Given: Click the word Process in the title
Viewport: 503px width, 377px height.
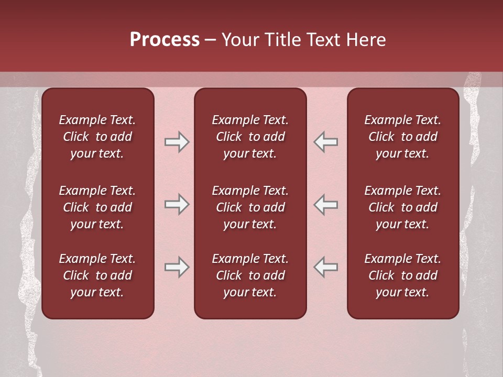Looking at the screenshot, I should click(165, 40).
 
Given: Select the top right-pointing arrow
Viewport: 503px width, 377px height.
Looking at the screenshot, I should click(177, 142).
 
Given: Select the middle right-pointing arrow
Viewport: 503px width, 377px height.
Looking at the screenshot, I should click(177, 204).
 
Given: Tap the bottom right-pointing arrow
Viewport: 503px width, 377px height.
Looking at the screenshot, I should click(177, 268).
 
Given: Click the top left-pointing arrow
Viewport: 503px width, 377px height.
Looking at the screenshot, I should click(325, 142).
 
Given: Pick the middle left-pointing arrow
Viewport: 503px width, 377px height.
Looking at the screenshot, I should click(325, 204).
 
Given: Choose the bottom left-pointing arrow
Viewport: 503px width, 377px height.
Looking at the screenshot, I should click(325, 268).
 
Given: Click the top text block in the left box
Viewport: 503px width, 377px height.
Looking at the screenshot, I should click(97, 137).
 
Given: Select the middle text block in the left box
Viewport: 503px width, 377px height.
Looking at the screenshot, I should click(97, 207).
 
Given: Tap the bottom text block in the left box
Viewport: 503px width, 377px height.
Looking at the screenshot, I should click(97, 275).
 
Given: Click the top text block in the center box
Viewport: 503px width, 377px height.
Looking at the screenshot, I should click(250, 137).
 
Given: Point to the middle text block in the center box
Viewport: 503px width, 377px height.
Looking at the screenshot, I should click(250, 207).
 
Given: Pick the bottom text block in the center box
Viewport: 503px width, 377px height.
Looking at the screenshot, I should click(250, 275).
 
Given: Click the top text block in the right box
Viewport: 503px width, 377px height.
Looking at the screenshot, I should click(403, 137).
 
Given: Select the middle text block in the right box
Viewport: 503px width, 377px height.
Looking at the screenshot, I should click(403, 207).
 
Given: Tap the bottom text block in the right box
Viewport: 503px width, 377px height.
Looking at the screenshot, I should click(403, 275).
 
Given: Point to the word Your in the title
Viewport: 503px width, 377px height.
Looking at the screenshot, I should click(238, 40).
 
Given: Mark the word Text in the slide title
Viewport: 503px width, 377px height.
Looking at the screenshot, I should click(322, 40).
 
